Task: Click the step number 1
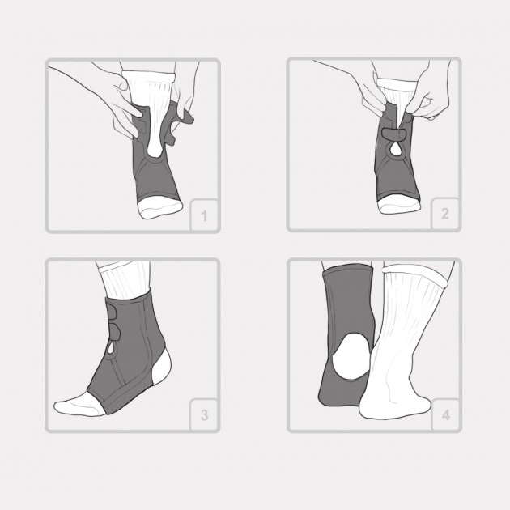pos(204,216)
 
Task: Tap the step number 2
pos(444,214)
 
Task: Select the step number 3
pos(204,415)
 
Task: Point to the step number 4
pos(445,415)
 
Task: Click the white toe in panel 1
pos(159,206)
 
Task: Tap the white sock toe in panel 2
pos(399,204)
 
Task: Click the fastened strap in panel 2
pos(393,134)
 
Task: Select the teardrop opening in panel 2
pos(396,149)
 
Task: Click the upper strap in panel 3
pos(112,312)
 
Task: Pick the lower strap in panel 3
pos(113,332)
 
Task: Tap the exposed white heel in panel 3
pos(162,367)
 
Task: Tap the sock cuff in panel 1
pos(149,77)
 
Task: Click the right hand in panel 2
pos(431,95)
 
